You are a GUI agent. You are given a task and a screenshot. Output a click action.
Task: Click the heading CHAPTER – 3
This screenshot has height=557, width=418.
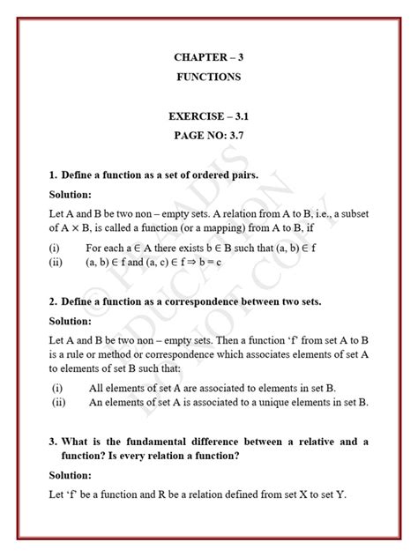coord(208,57)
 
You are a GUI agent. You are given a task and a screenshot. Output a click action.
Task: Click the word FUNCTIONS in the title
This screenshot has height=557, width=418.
coord(208,78)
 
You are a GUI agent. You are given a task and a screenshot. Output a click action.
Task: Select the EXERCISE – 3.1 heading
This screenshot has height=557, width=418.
coord(208,115)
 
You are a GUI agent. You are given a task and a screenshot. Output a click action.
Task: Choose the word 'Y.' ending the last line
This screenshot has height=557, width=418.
coord(340,494)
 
